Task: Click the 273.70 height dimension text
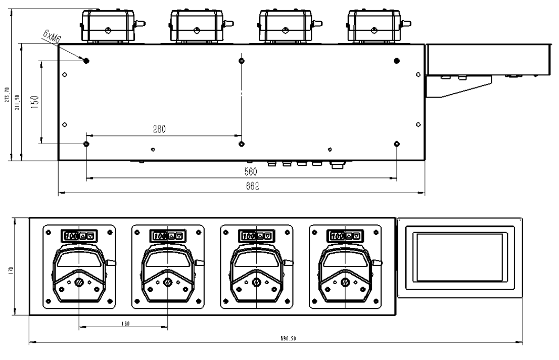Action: point(7,94)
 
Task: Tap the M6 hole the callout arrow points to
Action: point(86,61)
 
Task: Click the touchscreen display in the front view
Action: point(460,257)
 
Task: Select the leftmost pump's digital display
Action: point(79,236)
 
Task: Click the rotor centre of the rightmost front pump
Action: point(345,282)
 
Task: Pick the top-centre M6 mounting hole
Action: point(242,61)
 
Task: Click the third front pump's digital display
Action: point(256,236)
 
